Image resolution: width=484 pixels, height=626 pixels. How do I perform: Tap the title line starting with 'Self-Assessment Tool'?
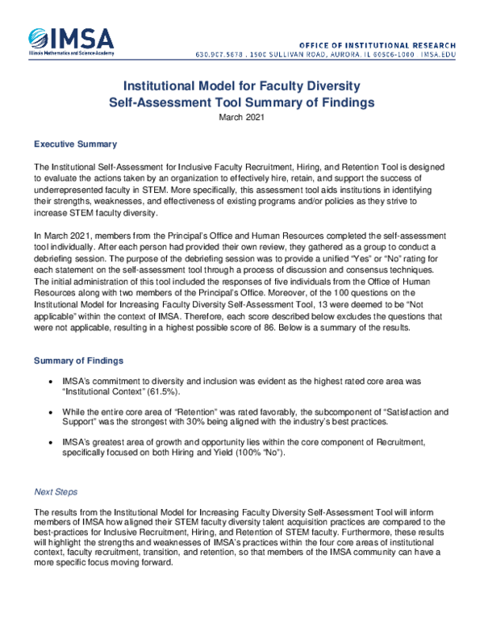point(241,102)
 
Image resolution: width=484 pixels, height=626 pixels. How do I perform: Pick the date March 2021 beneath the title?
point(241,117)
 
